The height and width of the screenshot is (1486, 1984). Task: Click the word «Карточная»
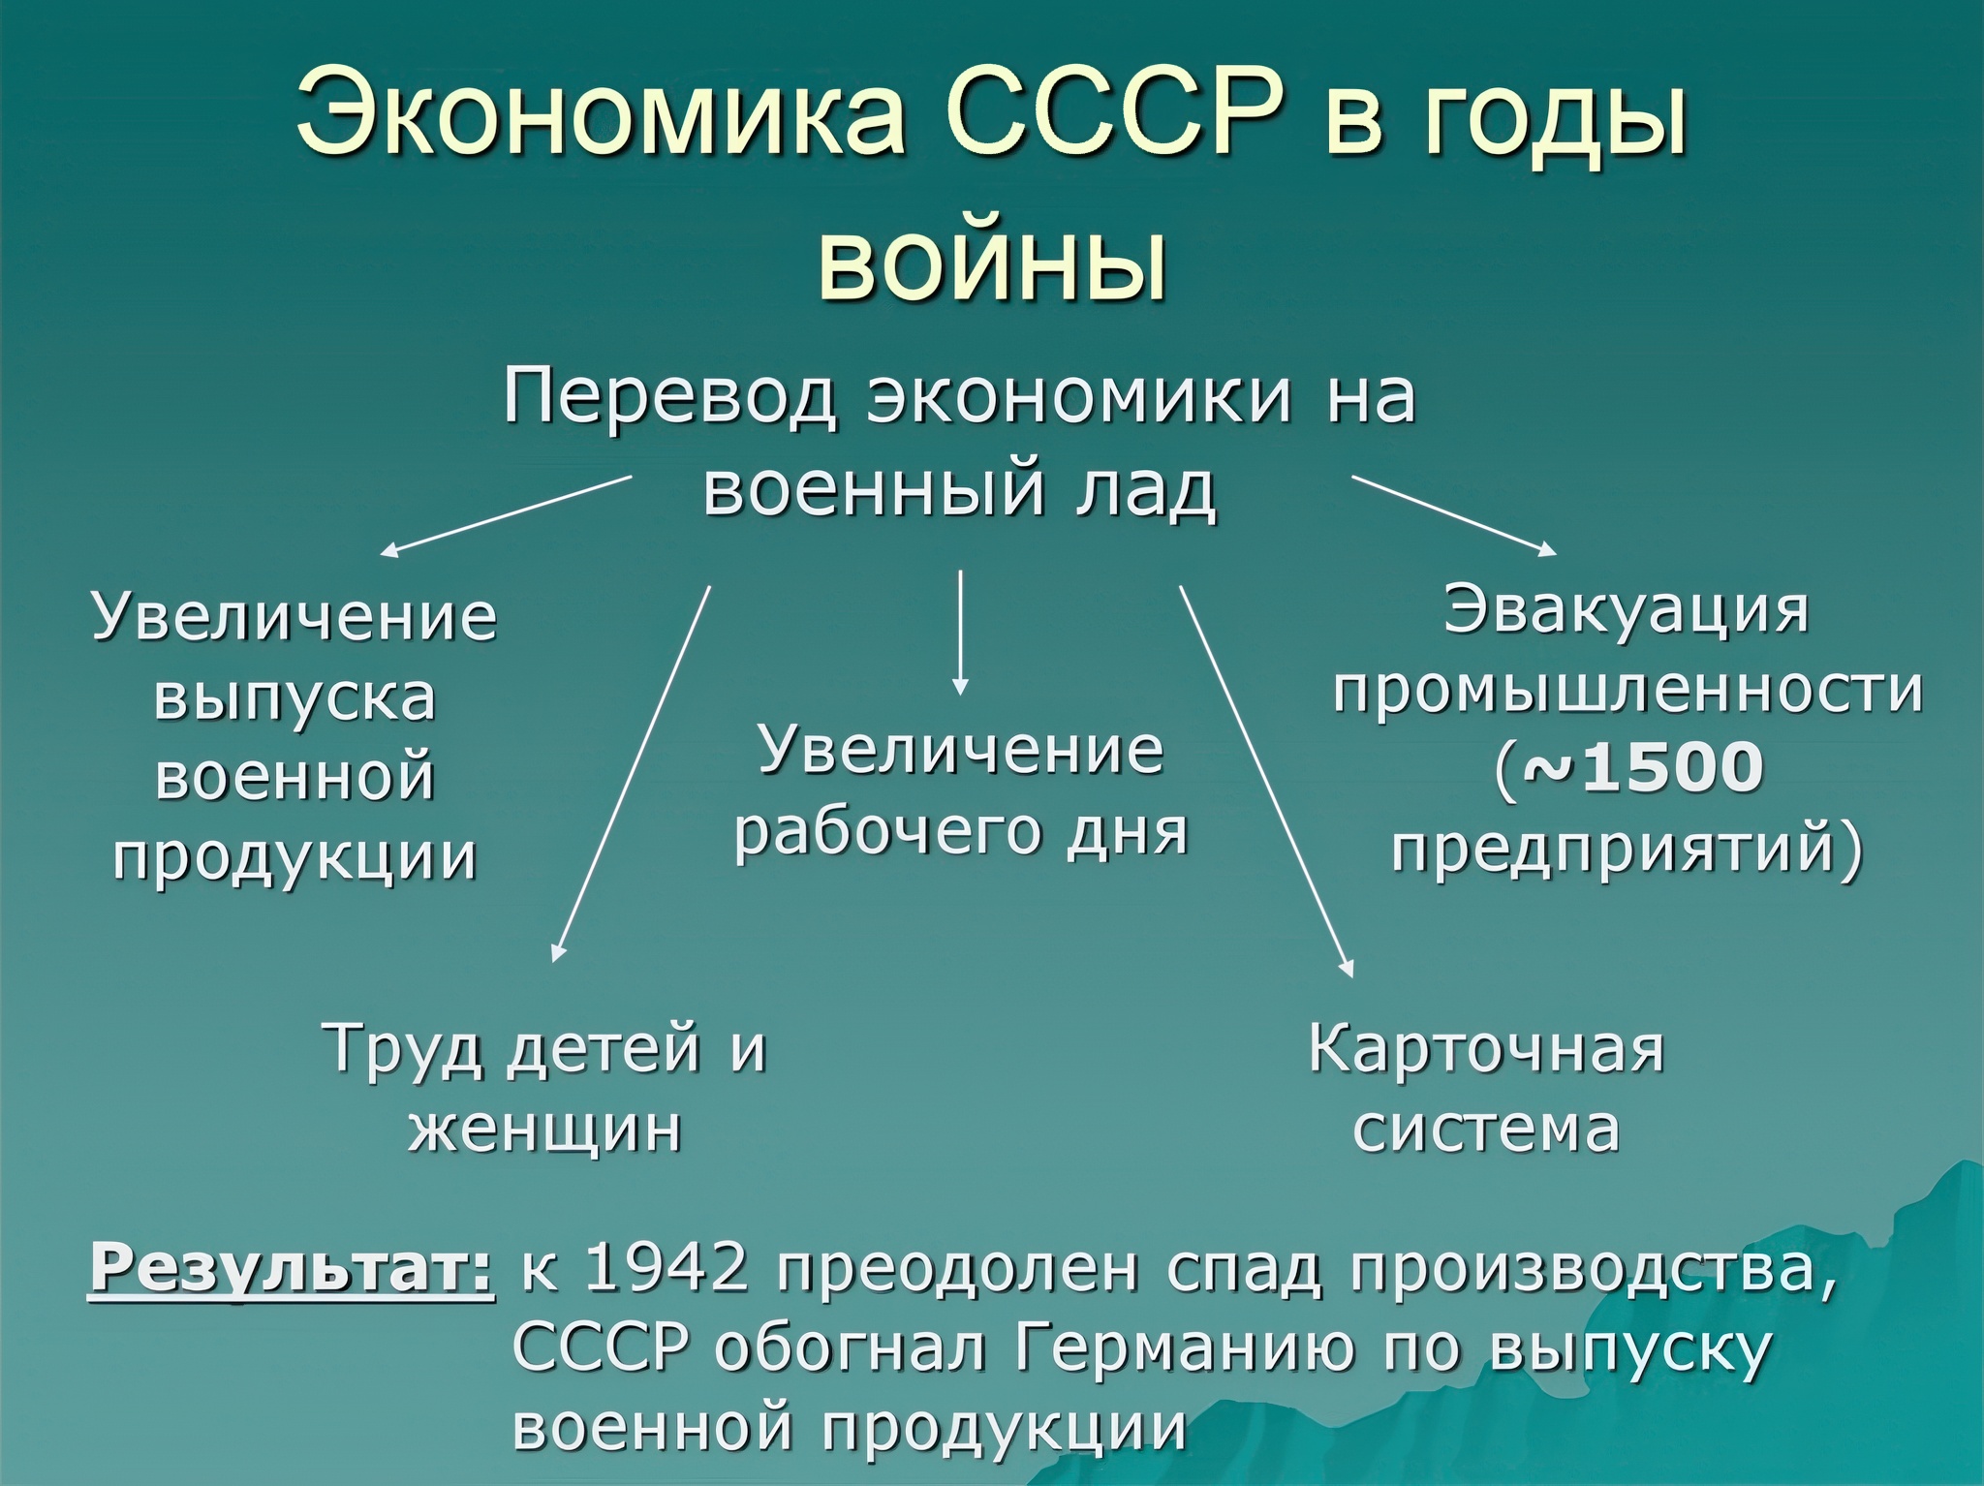click(1486, 1049)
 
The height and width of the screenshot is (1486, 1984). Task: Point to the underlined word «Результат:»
click(292, 1270)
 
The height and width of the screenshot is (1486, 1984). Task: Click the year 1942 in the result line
click(669, 1270)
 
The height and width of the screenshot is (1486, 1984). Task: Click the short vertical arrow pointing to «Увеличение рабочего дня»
click(960, 633)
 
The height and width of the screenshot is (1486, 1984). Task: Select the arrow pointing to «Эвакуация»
click(1454, 515)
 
